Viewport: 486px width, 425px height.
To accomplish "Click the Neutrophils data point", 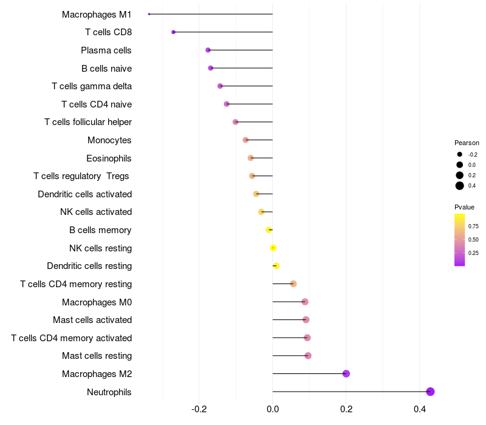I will (x=430, y=392).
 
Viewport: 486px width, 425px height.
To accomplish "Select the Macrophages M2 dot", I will (x=346, y=373).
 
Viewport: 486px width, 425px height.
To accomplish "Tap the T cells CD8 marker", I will (x=173, y=32).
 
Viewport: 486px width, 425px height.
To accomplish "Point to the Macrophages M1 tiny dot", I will (x=149, y=14).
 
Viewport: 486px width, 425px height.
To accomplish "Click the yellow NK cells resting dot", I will (x=273, y=248).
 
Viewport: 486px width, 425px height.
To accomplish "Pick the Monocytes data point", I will (x=245, y=140).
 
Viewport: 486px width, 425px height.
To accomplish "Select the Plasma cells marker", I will (x=208, y=50).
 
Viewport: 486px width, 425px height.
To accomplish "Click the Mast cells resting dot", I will (x=308, y=356).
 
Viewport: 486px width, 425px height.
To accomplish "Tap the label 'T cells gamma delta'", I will (x=92, y=86).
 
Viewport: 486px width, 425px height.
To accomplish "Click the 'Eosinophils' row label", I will (x=109, y=158).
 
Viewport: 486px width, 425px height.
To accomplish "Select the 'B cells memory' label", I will (x=100, y=230).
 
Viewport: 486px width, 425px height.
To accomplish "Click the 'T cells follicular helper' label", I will (x=88, y=122).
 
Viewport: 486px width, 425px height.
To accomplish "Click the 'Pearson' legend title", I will (x=467, y=143).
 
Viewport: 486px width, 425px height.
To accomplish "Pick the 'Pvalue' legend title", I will (x=465, y=207).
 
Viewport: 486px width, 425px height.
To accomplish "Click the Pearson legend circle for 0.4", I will (x=460, y=186).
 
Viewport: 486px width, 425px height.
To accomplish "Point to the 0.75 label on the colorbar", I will (x=473, y=226).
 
